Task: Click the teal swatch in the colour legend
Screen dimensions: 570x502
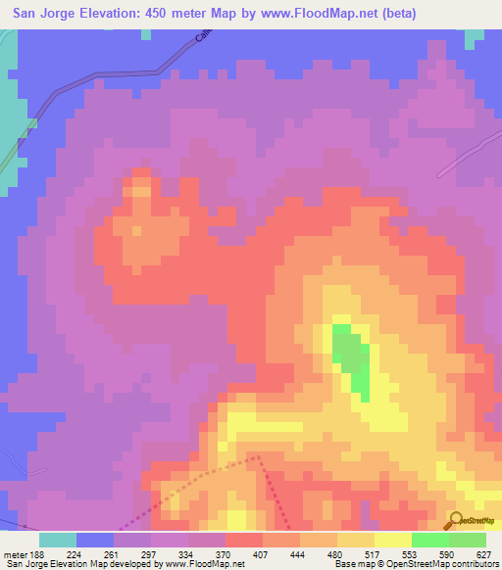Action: tap(58, 540)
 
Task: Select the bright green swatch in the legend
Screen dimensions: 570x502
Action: tap(429, 540)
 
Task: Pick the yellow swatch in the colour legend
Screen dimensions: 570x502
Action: tap(392, 540)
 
